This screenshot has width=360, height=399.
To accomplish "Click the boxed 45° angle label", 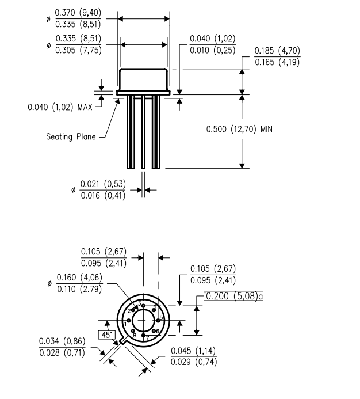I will tap(105, 334).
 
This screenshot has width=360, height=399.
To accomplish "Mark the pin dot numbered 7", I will tap(143, 335).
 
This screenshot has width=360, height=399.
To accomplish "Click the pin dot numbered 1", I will tap(129, 320).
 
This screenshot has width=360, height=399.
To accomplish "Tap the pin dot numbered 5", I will tap(158, 320).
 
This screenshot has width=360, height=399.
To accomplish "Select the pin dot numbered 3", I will tap(143, 306).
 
